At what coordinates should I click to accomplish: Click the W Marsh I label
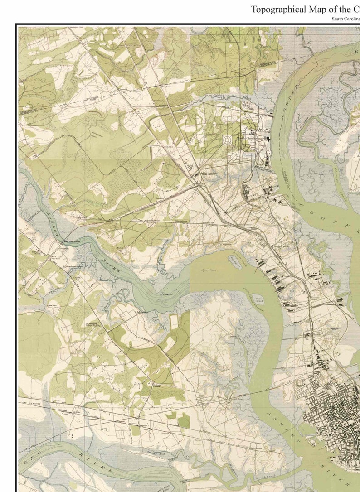[166, 294]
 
